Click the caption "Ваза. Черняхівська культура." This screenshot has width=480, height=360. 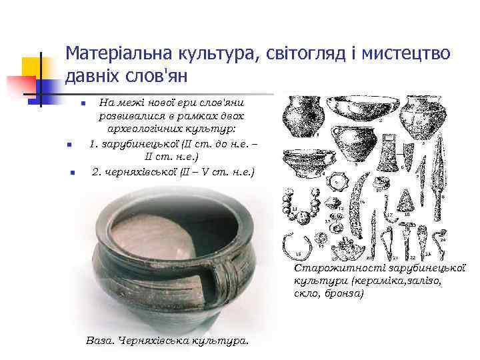tap(167, 340)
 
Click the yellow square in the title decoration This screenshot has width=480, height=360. tap(33, 67)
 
